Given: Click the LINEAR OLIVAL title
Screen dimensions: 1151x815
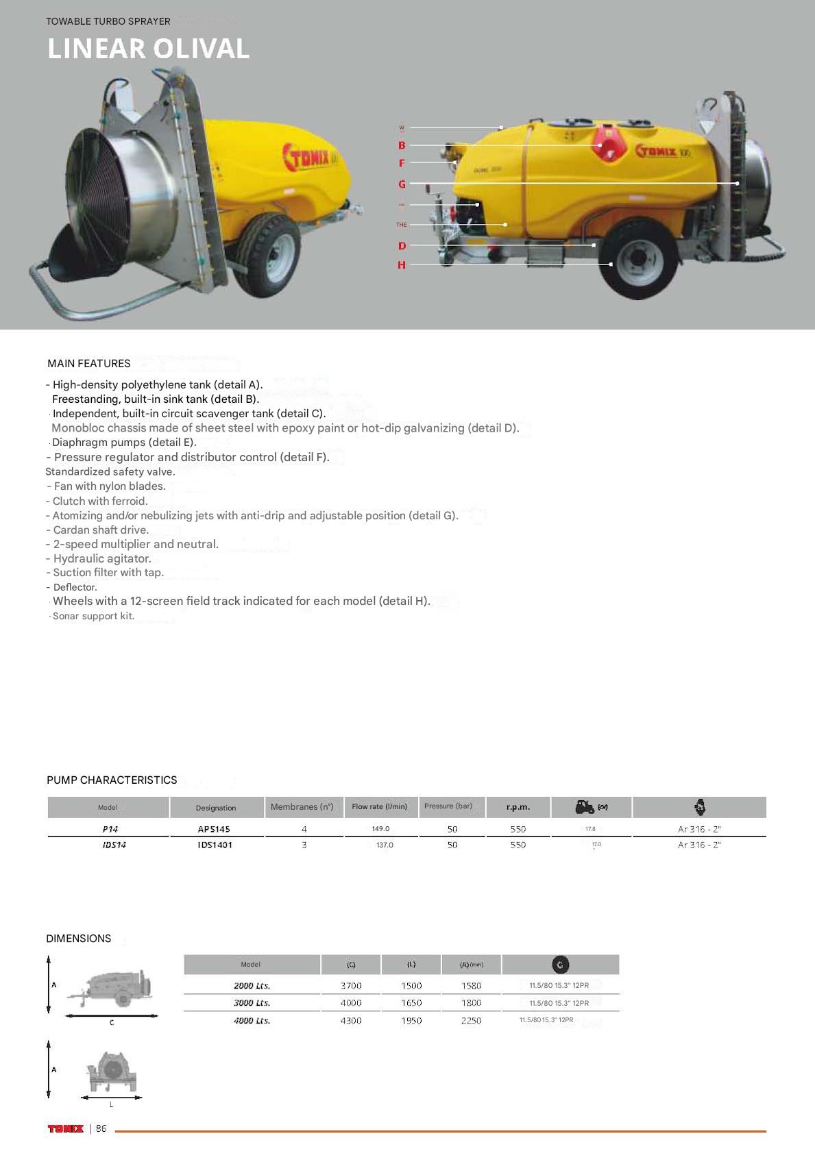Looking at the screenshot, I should [x=148, y=49].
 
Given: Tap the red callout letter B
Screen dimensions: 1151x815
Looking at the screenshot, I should [x=402, y=145].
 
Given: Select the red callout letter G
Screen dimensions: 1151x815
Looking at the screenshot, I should [x=402, y=184].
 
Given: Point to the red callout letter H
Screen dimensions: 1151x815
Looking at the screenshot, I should [x=402, y=265].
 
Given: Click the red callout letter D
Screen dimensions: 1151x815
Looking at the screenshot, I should [x=402, y=246].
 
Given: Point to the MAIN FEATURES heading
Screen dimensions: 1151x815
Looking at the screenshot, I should [x=88, y=363].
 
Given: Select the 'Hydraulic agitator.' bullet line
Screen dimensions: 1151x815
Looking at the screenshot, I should [x=101, y=558].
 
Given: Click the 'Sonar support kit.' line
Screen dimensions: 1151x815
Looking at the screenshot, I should [x=93, y=616].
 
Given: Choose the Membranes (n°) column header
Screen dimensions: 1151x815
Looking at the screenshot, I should [x=302, y=807].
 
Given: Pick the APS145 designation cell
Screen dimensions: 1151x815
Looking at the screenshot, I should [x=214, y=829].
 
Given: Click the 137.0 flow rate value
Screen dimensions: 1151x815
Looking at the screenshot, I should [x=385, y=845].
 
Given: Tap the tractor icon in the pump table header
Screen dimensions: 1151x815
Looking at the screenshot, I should [x=585, y=807].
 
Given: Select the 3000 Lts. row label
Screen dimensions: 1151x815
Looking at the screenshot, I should [x=252, y=1003].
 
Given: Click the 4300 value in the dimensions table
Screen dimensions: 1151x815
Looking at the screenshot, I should [x=351, y=1021].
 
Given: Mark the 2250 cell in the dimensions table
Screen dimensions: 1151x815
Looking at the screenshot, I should [x=471, y=1021].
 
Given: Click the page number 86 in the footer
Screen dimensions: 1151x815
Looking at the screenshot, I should [x=101, y=1128].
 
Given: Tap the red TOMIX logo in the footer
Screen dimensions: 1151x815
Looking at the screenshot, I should [x=66, y=1128].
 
